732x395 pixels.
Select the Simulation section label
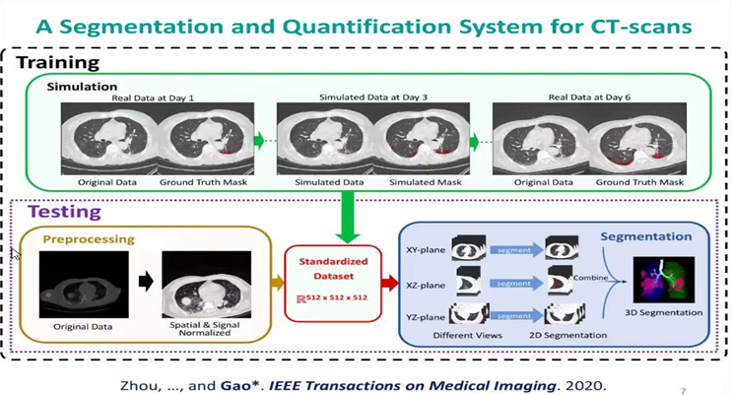82,87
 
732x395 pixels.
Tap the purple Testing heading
67,211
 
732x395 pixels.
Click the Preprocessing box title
88,238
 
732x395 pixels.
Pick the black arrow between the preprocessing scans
146,282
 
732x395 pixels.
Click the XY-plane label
425,251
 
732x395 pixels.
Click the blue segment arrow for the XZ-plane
512,284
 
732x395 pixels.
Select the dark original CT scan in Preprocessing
83,284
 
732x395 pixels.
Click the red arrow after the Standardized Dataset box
385,284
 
